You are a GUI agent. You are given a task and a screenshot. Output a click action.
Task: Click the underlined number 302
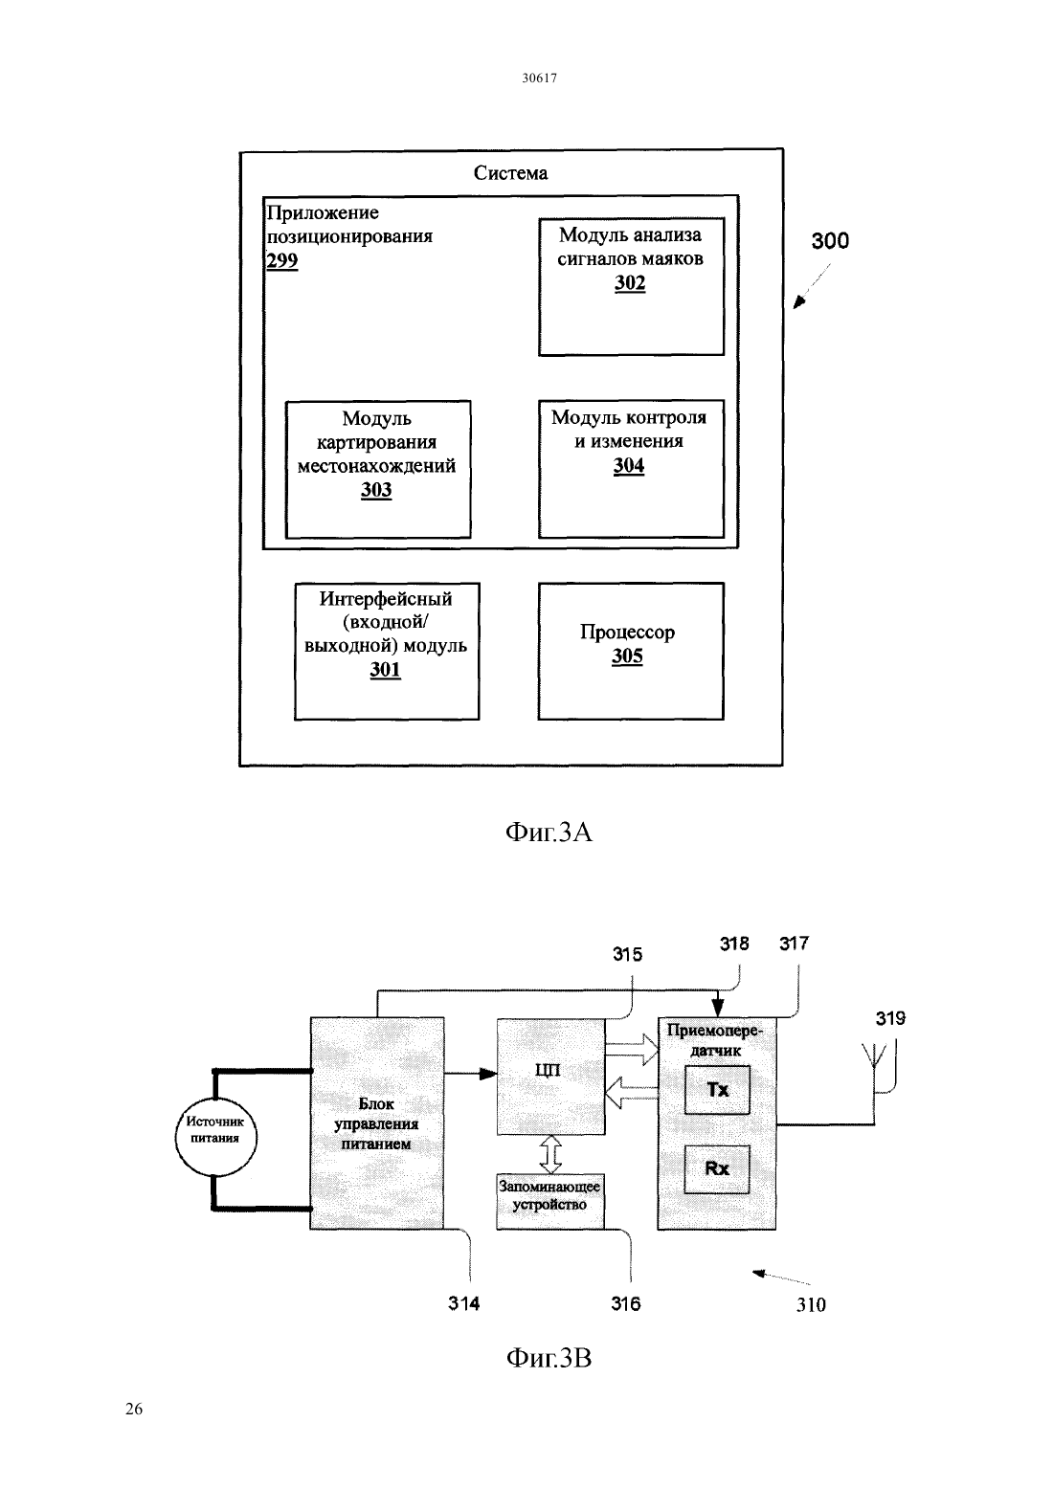tap(630, 283)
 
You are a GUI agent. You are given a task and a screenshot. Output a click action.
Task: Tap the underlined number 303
tap(376, 490)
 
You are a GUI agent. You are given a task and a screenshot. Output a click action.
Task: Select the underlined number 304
tap(629, 465)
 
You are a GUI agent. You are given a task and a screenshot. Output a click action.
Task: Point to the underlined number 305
tap(627, 656)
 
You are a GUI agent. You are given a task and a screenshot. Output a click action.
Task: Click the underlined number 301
tap(386, 670)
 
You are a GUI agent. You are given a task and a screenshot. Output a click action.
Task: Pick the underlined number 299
tap(281, 260)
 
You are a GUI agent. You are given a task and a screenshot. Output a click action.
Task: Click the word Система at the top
tap(510, 173)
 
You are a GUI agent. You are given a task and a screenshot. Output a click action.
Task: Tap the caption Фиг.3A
tap(549, 832)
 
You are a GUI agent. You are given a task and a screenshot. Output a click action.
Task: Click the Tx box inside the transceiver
tap(717, 1090)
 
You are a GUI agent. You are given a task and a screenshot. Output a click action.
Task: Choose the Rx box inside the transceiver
tap(717, 1169)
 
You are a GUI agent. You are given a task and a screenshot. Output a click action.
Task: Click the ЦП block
tap(551, 1077)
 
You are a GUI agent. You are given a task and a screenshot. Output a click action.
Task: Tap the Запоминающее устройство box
tap(550, 1201)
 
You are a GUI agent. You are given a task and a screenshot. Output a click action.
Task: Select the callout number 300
tap(830, 240)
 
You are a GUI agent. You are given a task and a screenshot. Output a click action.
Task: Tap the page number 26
tap(134, 1409)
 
